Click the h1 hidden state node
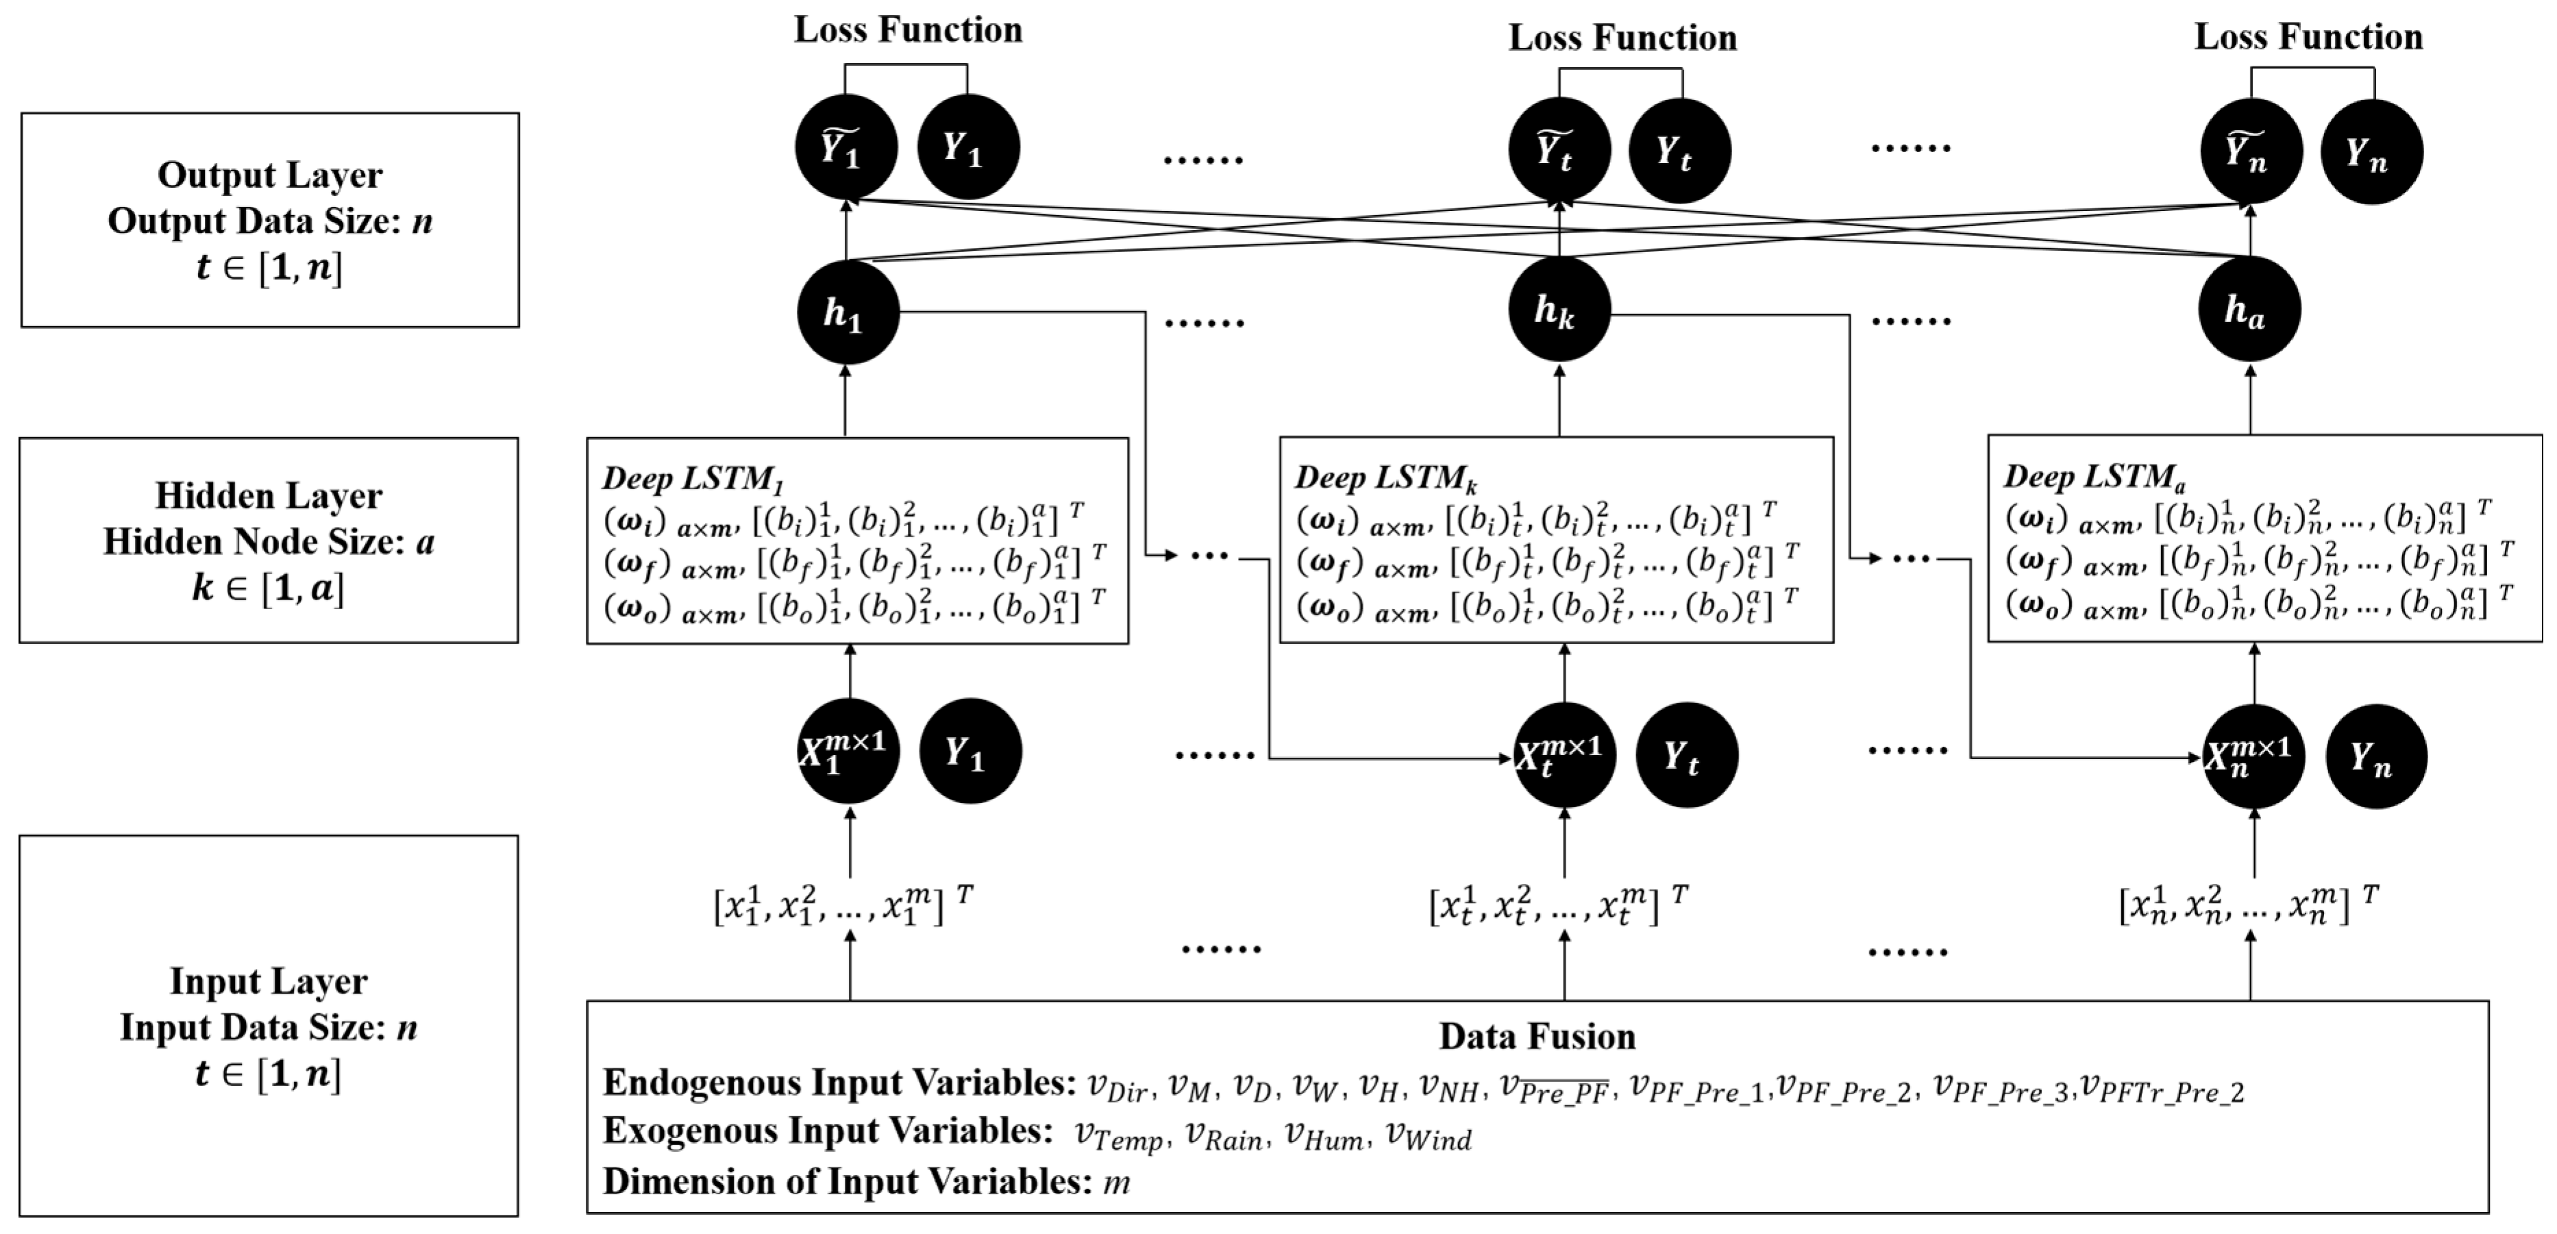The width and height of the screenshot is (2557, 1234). pos(847,312)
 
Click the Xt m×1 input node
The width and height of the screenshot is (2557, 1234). pos(1564,754)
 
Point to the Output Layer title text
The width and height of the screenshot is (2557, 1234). pos(269,175)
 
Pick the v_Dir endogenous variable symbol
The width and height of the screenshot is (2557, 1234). pos(1117,1087)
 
